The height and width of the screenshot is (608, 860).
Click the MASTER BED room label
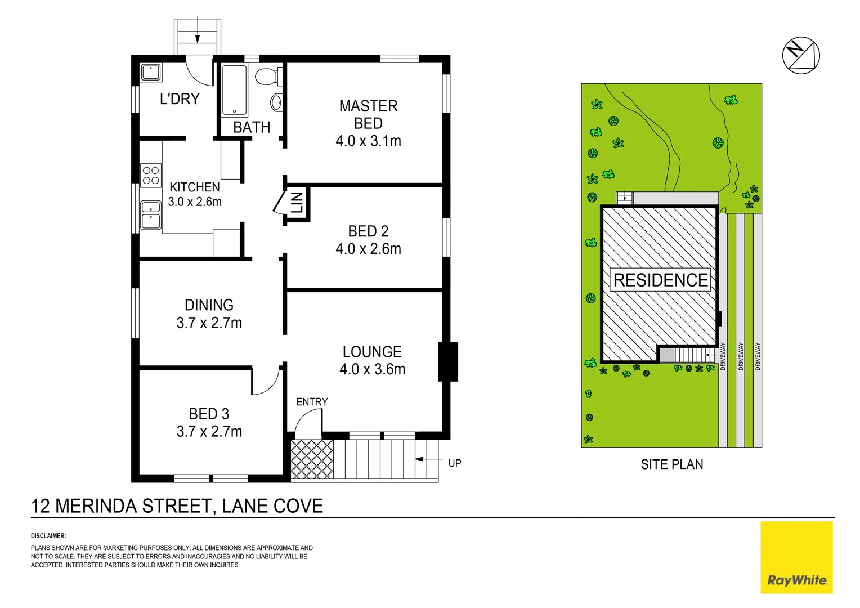pos(368,114)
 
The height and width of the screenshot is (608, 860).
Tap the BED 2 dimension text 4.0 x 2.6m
pos(368,249)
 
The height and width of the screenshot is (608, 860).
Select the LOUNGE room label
pos(372,352)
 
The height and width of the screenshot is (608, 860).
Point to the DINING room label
pos(209,305)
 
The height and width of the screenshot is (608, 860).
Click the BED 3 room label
pos(209,414)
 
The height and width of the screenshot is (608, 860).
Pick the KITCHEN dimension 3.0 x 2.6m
pos(195,202)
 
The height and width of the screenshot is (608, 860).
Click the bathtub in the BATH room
pos(234,90)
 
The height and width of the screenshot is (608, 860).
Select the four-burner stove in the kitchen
pos(151,175)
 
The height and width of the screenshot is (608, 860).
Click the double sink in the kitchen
pos(151,215)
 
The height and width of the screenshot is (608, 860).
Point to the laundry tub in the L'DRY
pos(151,73)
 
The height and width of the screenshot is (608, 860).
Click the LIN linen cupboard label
pos(297,203)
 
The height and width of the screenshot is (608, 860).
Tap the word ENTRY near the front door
pos(312,402)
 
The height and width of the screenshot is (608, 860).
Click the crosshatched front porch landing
pos(312,459)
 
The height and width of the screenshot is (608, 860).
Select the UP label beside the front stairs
pos(455,463)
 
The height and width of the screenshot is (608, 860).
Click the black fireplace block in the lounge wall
pos(448,362)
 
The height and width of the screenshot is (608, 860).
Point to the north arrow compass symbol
pos(801,55)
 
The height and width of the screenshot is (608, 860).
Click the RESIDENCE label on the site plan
pos(661,280)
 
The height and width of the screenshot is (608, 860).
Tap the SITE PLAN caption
pos(671,464)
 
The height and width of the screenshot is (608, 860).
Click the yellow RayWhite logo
pos(796,557)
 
